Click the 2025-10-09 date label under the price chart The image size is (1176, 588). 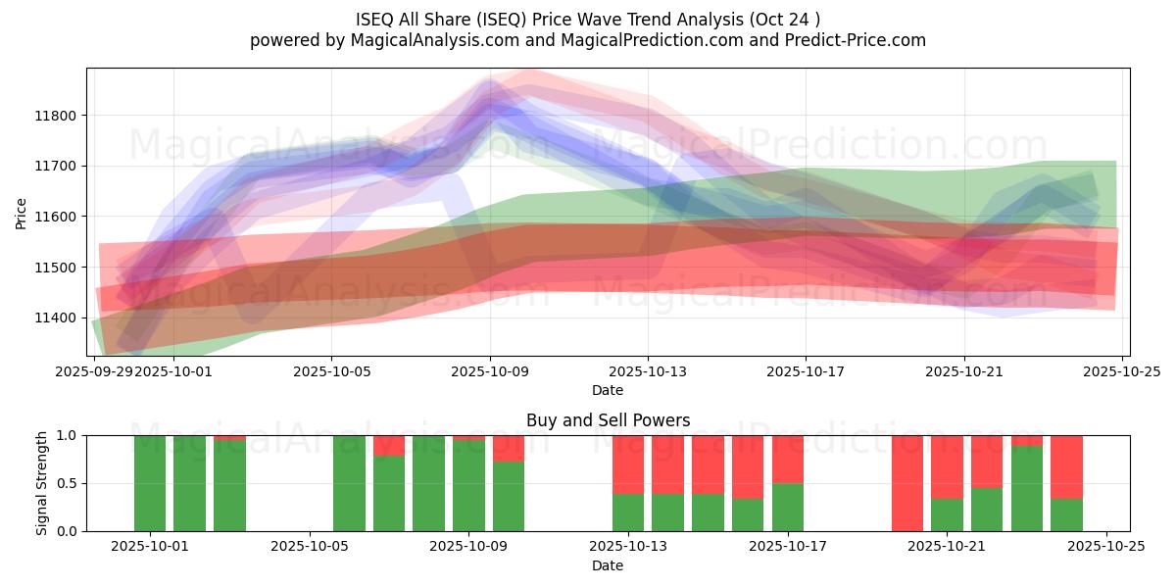click(x=489, y=372)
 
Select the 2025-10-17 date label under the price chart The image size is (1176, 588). click(x=806, y=372)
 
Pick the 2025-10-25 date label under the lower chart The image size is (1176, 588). click(x=1106, y=547)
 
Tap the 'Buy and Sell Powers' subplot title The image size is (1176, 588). click(x=608, y=420)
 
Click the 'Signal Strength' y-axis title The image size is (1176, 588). click(x=42, y=483)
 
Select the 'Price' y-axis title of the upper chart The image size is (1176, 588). click(x=22, y=213)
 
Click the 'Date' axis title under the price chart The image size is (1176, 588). click(x=608, y=390)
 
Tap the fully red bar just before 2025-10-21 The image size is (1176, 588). click(x=907, y=483)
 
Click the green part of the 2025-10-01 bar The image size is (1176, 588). click(x=150, y=483)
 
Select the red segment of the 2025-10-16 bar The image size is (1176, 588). click(x=748, y=466)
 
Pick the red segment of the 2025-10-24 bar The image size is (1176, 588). click(x=1066, y=466)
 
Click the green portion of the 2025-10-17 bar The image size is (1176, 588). click(x=788, y=507)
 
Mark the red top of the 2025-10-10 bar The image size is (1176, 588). click(x=509, y=448)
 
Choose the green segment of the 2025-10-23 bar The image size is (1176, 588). click(x=1027, y=490)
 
